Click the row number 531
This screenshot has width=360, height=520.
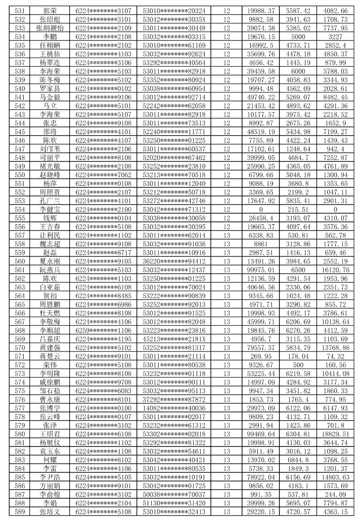click(x=20, y=11)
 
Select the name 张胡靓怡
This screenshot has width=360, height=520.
click(x=50, y=28)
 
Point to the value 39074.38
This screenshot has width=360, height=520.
click(x=261, y=28)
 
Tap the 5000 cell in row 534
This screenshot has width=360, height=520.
click(x=298, y=37)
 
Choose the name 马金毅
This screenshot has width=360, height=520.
click(x=50, y=97)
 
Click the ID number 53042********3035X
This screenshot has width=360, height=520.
click(x=174, y=20)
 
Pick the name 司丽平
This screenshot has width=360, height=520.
click(x=50, y=158)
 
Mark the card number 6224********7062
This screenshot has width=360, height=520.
click(x=103, y=175)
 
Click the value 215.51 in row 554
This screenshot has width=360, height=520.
click(x=298, y=210)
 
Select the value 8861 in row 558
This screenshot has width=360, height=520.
click(x=261, y=244)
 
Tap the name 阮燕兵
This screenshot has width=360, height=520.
click(x=50, y=270)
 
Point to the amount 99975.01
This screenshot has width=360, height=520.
click(x=261, y=270)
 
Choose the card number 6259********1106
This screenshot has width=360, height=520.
click(x=103, y=330)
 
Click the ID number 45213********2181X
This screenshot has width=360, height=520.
click(x=174, y=339)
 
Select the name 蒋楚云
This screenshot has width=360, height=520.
click(x=50, y=356)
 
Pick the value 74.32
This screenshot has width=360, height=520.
click(x=335, y=356)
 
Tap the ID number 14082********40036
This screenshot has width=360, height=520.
click(x=174, y=408)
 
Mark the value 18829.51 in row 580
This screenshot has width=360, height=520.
click(x=335, y=434)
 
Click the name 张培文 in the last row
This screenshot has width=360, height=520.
click(x=50, y=512)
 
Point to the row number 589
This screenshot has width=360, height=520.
click(x=20, y=512)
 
